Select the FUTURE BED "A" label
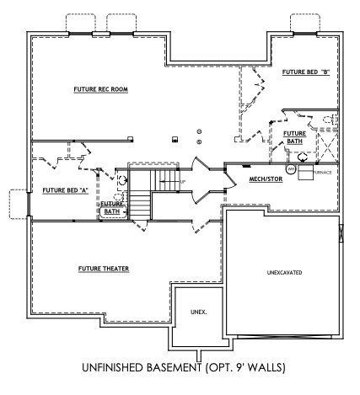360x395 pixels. tap(65, 189)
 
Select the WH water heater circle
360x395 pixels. tap(292, 168)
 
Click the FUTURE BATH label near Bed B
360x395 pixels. tap(294, 137)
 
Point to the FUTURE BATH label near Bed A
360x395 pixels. tap(112, 207)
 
